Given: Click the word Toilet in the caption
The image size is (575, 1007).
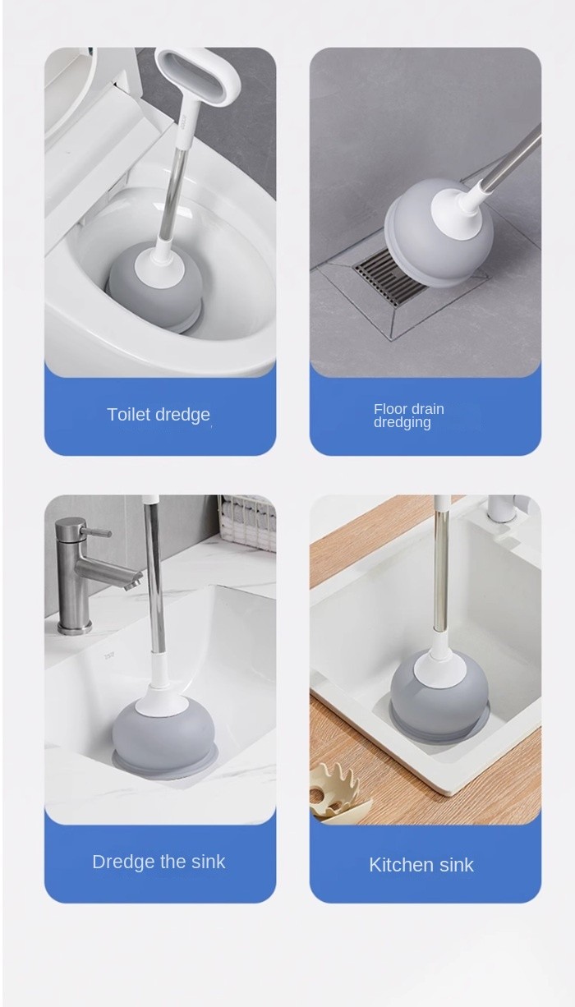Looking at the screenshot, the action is (129, 414).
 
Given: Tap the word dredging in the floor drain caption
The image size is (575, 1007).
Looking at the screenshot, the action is (402, 422).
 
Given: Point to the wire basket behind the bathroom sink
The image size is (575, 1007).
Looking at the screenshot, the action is (249, 524).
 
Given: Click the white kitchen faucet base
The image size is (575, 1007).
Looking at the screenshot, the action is (504, 508).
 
